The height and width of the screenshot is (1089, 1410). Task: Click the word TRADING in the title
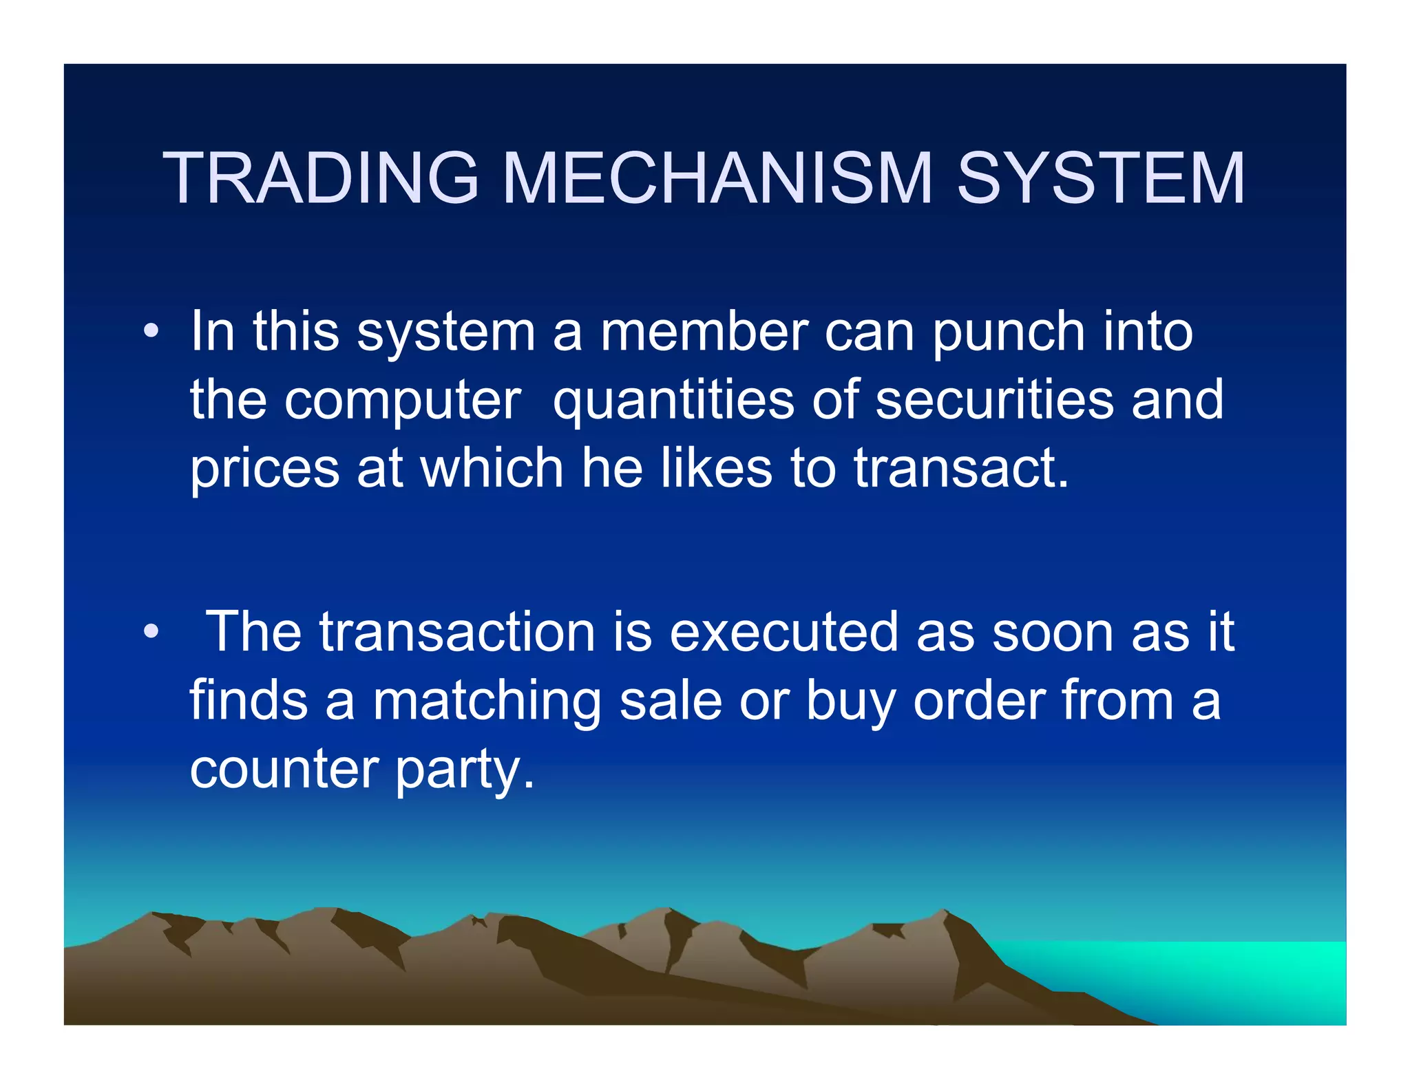(321, 178)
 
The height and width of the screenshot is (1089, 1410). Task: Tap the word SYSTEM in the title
(1101, 178)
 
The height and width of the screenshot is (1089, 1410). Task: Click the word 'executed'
(784, 632)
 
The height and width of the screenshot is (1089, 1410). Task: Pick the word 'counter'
(284, 770)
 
